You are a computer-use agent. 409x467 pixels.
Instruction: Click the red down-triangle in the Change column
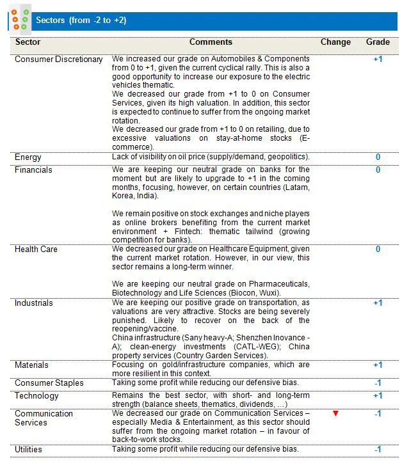pos(335,414)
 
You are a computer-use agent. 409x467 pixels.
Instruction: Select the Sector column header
pos(28,42)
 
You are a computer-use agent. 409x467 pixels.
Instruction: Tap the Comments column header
pos(211,42)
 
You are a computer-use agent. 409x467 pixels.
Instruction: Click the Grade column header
pos(378,42)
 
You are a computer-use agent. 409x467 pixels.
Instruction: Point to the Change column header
pos(335,42)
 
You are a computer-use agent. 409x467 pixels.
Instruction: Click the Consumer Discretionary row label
pos(58,59)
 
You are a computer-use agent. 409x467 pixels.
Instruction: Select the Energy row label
pos(28,157)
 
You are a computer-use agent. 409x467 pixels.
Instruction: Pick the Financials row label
pos(33,170)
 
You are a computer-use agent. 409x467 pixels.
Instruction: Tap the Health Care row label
pos(36,249)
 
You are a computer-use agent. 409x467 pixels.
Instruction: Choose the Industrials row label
pos(34,303)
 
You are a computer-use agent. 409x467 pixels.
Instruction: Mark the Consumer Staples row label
pos(49,383)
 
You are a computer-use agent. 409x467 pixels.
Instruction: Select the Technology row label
pos(36,396)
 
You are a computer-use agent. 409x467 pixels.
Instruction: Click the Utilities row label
pos(28,450)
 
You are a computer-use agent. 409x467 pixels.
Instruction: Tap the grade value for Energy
pos(378,157)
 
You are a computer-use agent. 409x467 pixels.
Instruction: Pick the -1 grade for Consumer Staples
pos(378,383)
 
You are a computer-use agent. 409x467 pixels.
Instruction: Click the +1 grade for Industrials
pos(378,303)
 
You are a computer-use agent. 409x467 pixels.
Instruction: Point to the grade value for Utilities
pos(378,450)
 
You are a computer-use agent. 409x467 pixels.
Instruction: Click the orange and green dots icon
pos(20,19)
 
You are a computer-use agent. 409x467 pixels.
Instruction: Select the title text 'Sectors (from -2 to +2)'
pos(81,20)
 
